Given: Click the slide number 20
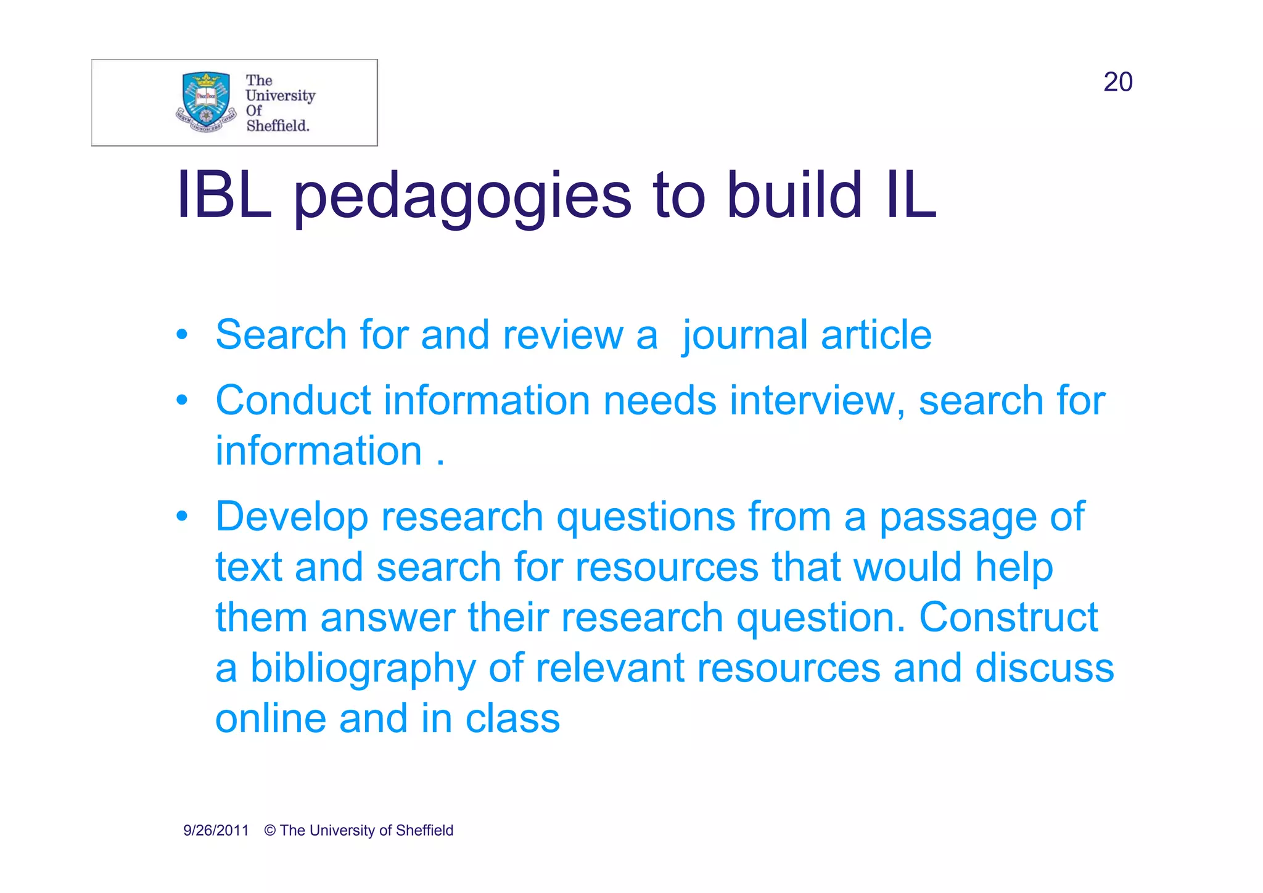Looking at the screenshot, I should (x=1117, y=82).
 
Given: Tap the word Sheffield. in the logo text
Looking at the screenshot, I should (x=278, y=126).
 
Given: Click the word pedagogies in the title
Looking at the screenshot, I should (x=462, y=196).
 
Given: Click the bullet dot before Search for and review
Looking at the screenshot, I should (x=181, y=335).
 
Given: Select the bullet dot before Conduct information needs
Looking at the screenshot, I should (x=181, y=401).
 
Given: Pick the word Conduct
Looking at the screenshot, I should (x=293, y=401).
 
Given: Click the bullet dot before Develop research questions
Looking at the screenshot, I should (x=181, y=516).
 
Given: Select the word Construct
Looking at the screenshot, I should (x=1008, y=617).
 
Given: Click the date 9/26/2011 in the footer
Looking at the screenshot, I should (x=216, y=831).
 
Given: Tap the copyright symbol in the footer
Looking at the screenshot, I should (x=270, y=831).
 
